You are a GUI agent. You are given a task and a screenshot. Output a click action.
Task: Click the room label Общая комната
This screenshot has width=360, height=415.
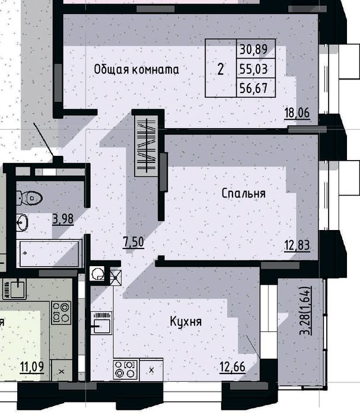pos(136,69)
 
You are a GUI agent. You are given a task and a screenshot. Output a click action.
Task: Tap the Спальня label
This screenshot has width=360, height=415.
pos(244,193)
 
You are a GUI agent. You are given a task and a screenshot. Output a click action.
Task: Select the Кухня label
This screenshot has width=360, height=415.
pos(186,321)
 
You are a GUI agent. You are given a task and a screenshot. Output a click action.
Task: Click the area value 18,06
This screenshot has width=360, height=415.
pos(297,113)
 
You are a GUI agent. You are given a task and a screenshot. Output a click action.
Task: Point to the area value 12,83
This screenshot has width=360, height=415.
pos(297,245)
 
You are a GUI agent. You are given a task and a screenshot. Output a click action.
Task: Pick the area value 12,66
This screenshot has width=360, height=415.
pos(232,367)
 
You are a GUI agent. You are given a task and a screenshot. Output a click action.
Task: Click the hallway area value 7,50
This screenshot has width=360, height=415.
pos(133,242)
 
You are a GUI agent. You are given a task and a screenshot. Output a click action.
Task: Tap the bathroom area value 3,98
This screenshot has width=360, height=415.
pos(63,219)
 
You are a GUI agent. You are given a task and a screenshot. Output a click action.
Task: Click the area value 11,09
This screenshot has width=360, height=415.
pos(32,367)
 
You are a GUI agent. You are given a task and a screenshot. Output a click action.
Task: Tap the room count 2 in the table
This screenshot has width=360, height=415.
pos(221,69)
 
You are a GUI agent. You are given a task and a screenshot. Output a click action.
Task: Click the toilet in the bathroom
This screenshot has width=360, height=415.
pos(29,198)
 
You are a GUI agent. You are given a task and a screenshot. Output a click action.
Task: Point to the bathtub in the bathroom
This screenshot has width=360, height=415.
pos(49,253)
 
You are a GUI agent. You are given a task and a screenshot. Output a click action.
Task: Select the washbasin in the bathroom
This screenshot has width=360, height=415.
pos(22,222)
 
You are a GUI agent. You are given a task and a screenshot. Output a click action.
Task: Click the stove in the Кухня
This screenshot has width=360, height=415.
pos(126,369)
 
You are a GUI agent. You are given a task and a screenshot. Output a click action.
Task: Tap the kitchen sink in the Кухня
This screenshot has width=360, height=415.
pos(101,323)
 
